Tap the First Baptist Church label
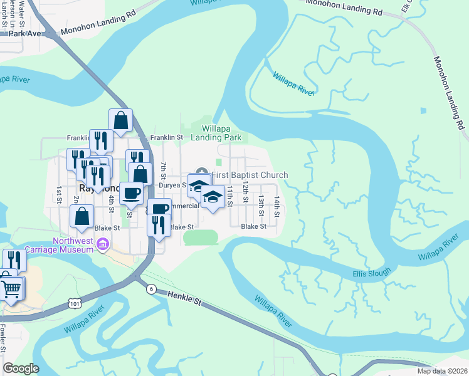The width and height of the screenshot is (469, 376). [250, 175]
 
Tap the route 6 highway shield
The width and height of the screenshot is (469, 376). [151, 289]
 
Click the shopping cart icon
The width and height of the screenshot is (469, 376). [11, 290]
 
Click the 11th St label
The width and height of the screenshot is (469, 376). [230, 192]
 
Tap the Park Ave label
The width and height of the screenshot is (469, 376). [24, 32]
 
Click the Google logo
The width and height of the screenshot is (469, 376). [21, 368]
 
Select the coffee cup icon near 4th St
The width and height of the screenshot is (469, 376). [132, 192]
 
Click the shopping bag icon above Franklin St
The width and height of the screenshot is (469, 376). [121, 120]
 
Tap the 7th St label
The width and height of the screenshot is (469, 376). [163, 170]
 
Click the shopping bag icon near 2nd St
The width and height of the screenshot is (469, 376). [82, 216]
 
